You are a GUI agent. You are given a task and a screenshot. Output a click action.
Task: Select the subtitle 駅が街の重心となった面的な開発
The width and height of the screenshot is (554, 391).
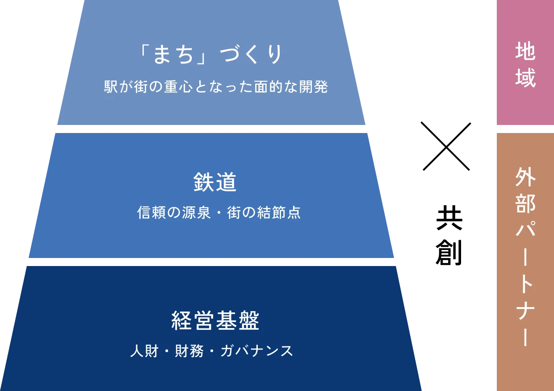click(216, 87)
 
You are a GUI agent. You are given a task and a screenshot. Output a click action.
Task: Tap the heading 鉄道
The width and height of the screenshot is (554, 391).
click(215, 183)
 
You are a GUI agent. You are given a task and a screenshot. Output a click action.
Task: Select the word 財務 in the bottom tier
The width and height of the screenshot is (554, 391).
click(187, 351)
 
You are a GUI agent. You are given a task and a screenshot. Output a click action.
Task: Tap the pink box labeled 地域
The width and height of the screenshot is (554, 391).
click(525, 62)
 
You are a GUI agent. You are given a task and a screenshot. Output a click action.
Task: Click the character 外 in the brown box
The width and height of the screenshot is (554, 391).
click(525, 178)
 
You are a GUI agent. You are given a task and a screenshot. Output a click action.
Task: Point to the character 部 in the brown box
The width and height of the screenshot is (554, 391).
click(525, 204)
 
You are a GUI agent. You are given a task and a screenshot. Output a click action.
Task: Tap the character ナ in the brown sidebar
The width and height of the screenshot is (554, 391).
click(525, 308)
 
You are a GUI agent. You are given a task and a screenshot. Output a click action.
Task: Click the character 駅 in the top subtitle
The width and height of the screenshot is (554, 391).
click(110, 87)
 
